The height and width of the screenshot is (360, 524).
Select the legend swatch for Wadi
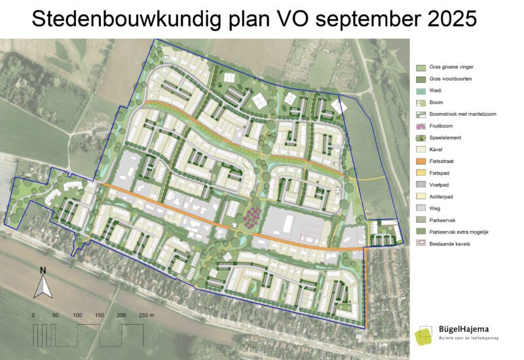(421, 91)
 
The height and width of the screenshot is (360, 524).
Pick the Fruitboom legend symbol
(421, 126)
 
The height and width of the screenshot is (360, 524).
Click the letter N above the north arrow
(43, 270)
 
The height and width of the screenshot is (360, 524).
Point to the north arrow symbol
(43, 286)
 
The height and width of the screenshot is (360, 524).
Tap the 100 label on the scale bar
(77, 315)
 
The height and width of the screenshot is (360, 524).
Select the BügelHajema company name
(464, 329)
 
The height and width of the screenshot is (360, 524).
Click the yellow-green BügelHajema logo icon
(424, 334)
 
